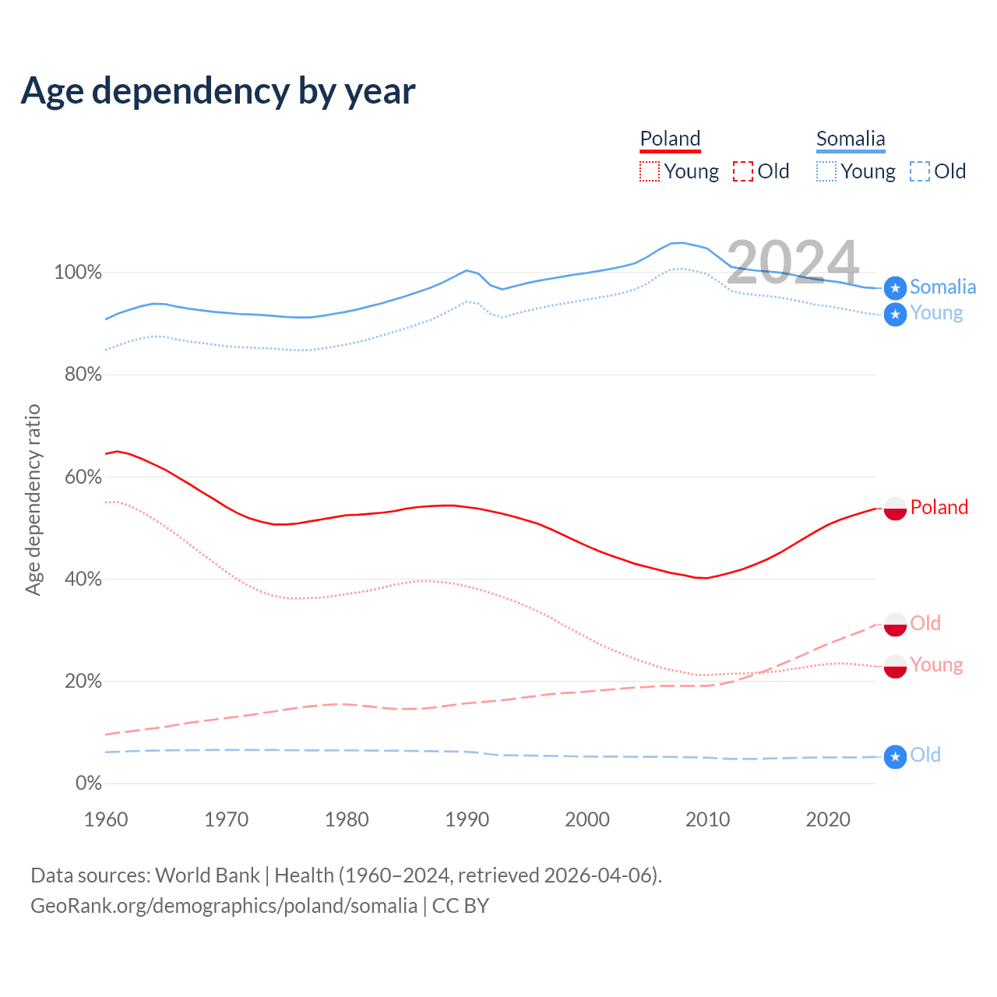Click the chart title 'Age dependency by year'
click(218, 91)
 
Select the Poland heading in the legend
click(670, 139)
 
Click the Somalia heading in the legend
click(851, 139)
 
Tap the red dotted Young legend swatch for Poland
click(649, 171)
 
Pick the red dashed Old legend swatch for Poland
click(743, 171)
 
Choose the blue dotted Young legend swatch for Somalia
click(826, 171)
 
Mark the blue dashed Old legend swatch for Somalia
click(920, 171)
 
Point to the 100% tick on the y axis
click(78, 273)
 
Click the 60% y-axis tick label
click(83, 477)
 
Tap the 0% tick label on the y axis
click(88, 784)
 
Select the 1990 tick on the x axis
click(467, 819)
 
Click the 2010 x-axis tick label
click(707, 819)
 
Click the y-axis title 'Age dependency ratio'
click(33, 499)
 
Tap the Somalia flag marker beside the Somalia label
click(895, 288)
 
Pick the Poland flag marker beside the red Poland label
click(895, 508)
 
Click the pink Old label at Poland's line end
click(925, 623)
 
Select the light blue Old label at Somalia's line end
click(925, 755)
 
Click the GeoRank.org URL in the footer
click(224, 906)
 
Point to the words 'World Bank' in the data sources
click(207, 875)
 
